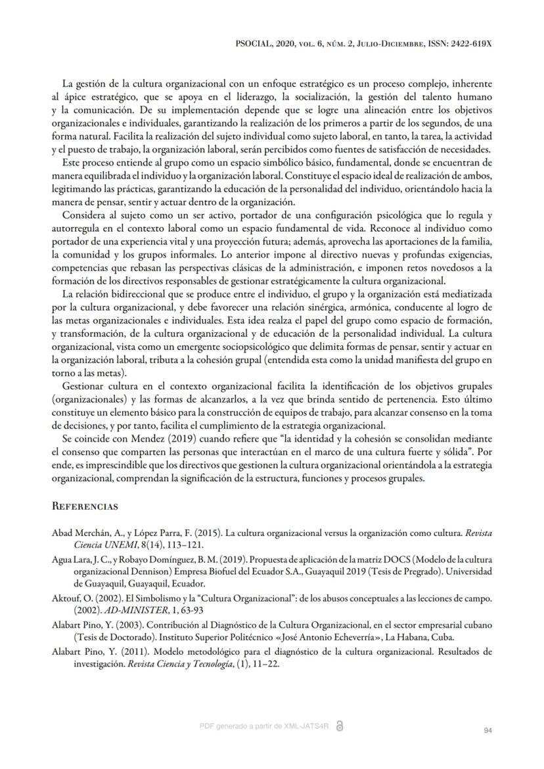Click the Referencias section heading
pos(85,507)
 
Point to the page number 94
pos(487,730)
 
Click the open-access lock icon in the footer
pos(339,725)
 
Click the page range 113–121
pos(169,544)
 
